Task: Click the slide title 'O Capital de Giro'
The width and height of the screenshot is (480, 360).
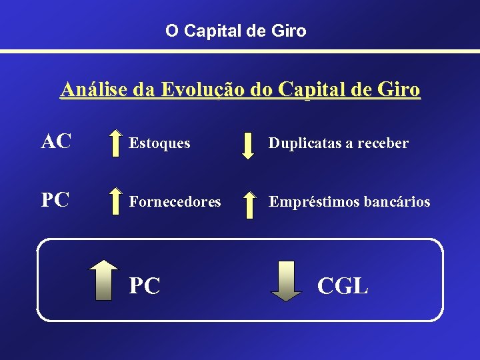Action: [236, 31]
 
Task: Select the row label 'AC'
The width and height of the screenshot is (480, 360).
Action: [57, 141]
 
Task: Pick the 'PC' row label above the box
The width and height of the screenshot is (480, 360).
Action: [57, 200]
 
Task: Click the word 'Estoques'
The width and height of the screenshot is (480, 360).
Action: [159, 143]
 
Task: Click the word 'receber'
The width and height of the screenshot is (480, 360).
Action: [383, 143]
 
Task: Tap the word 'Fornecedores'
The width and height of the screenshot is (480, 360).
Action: [175, 201]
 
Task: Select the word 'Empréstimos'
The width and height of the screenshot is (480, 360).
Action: [311, 201]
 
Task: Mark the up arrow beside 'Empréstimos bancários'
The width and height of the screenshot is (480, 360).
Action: [248, 204]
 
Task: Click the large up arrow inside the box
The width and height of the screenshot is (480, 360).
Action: [103, 281]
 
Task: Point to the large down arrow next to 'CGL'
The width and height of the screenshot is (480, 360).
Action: [287, 281]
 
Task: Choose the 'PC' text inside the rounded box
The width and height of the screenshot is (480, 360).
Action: [145, 285]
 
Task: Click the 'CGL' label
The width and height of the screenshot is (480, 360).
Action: [343, 285]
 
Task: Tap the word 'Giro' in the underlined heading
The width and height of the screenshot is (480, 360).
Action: [399, 89]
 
